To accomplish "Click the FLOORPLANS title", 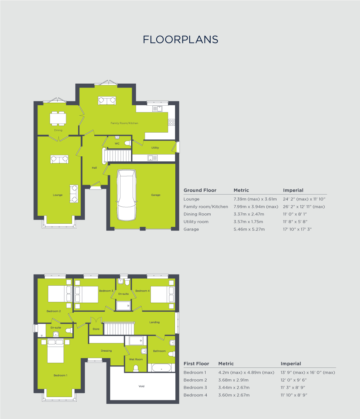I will [180, 40].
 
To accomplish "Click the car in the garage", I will [126, 195].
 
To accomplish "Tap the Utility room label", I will [155, 148].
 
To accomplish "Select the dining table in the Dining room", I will [58, 117].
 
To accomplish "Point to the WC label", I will [117, 143].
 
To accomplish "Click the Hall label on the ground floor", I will [94, 168].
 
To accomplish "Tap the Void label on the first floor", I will [141, 386].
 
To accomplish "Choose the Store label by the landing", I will [96, 329].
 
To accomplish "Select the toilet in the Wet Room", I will [136, 368].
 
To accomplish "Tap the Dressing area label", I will [106, 351].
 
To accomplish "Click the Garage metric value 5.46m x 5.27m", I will [249, 229].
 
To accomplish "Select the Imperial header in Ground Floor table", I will [293, 190].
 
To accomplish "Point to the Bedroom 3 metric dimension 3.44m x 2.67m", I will [234, 387].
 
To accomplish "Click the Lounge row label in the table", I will [192, 199].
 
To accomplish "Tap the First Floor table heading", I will [196, 364].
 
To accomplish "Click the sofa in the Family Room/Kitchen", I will [107, 101].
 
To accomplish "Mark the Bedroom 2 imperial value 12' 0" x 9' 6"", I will [294, 380].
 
